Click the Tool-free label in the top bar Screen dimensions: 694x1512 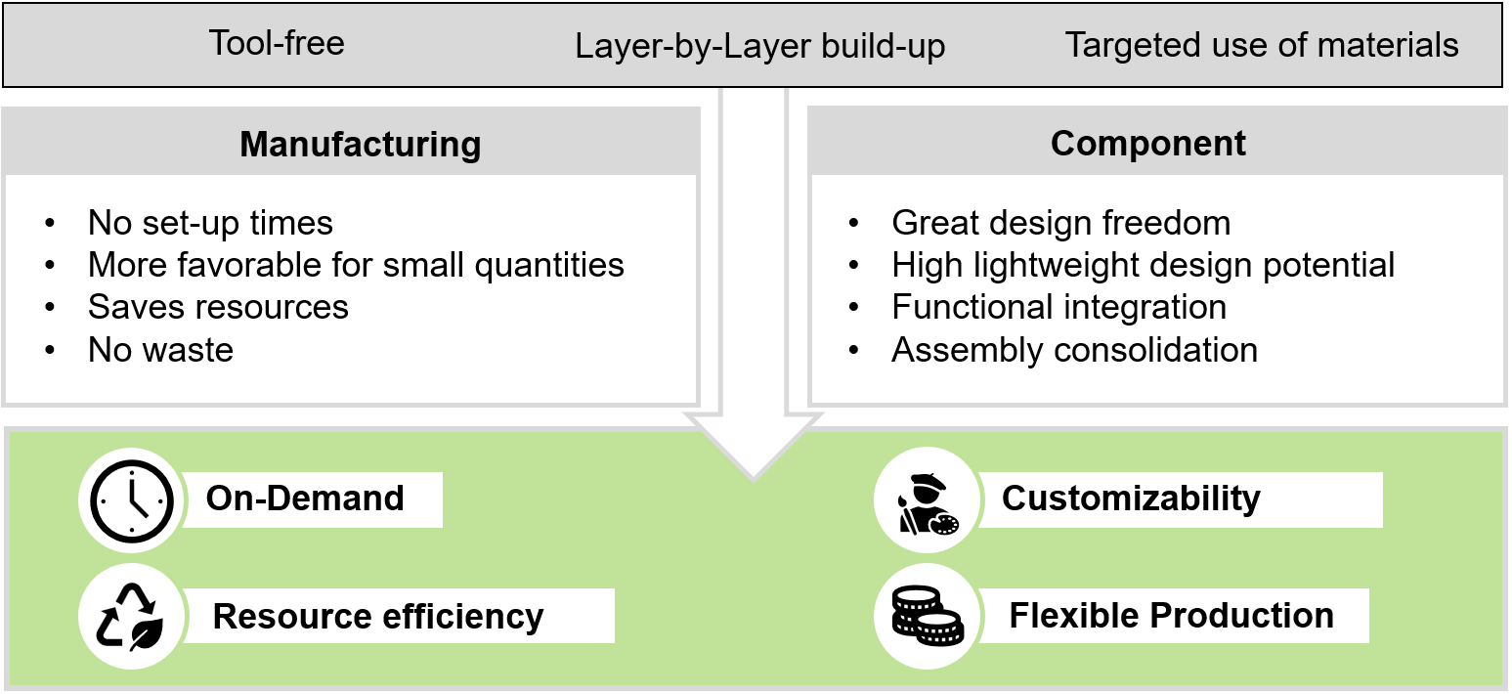coord(277,44)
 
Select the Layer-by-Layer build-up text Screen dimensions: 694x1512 coord(759,47)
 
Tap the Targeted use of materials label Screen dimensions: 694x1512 coord(1261,45)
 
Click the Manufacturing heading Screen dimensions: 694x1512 coord(361,145)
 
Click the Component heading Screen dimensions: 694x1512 coord(1147,144)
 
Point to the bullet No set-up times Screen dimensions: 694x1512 coord(210,223)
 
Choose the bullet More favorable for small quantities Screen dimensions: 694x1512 coord(356,265)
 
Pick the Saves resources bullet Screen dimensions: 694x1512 coord(218,307)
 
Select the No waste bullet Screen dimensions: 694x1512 coord(160,349)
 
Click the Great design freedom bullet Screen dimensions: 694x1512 coord(1060,223)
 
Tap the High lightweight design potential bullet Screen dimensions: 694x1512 coord(1143,265)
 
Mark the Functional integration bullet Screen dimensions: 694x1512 coord(1058,307)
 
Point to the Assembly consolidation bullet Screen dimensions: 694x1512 coord(1074,349)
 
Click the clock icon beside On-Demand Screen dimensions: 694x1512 coord(131,499)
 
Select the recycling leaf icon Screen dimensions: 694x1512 coord(131,617)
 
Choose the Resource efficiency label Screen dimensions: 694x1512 coord(378,617)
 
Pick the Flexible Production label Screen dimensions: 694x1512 coord(1171,616)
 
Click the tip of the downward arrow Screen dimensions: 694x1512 coord(753,477)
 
